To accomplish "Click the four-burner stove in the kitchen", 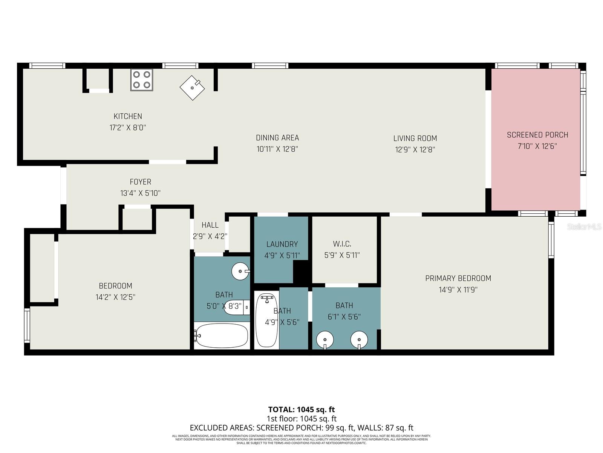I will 142,80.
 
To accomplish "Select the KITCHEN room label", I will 128,116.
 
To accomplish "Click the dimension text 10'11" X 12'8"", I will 277,149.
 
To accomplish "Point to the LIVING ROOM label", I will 415,138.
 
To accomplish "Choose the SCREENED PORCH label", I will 537,135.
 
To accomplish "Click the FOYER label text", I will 140,182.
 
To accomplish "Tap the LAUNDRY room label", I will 282,244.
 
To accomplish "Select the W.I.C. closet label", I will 342,244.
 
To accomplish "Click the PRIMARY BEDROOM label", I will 458,278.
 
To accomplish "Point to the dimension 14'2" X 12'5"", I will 115,297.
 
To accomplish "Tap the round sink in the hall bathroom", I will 240,271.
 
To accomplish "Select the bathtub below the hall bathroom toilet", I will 222,335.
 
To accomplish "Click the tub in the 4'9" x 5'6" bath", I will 266,321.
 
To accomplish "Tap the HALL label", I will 210,225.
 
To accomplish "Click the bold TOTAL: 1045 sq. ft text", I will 301,409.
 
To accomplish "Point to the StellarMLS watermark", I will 584,226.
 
